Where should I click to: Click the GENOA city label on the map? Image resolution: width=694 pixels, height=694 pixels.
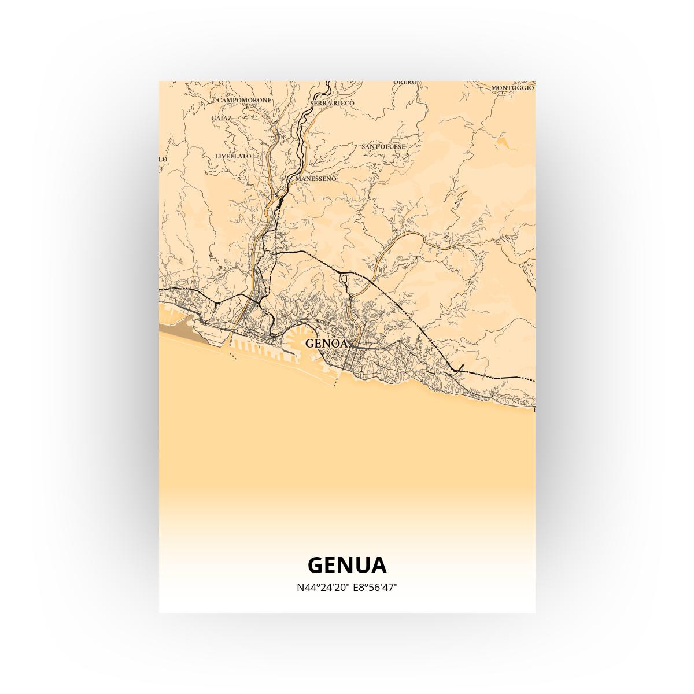pos(327,343)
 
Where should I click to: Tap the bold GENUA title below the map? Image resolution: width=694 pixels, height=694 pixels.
pos(347,565)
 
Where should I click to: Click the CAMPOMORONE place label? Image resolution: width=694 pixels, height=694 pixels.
pos(244,100)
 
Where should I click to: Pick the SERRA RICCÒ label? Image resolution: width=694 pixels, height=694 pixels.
pos(332,103)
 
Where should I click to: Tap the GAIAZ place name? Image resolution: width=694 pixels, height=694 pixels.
pos(221,118)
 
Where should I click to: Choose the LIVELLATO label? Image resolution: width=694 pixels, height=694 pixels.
pos(233,156)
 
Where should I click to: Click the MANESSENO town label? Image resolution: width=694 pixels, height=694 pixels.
pos(315,179)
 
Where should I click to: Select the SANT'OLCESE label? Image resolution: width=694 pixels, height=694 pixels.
pos(383,147)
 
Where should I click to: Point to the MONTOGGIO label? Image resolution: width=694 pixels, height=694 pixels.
pos(512,88)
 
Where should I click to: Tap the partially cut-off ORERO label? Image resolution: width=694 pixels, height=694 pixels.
pos(405,82)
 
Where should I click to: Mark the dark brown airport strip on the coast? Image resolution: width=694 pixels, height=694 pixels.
pos(177,330)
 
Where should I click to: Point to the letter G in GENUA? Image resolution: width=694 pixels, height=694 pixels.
pos(316,565)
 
